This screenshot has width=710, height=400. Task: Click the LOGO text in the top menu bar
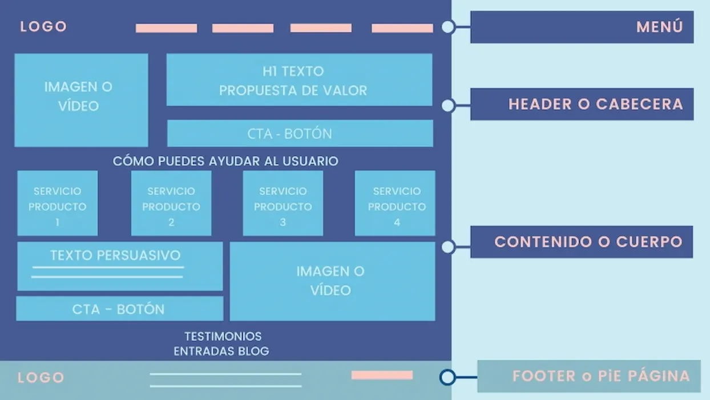43,27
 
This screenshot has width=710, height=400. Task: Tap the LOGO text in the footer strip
41,378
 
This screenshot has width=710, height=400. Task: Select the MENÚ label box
582,27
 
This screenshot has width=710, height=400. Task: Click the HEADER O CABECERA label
582,104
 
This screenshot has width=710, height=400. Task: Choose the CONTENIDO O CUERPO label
582,242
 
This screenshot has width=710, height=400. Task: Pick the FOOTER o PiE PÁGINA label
589,376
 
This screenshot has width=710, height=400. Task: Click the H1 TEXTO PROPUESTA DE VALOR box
300,79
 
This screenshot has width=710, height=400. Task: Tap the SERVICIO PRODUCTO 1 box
58,203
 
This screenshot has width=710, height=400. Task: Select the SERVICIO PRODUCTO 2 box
171,203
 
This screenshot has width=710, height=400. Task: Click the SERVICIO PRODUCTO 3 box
283,203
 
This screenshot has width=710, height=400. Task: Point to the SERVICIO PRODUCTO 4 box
395,203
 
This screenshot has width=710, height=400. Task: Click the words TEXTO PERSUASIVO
115,255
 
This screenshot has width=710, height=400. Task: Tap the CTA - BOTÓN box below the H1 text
300,133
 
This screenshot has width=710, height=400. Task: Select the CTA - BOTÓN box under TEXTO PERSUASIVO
120,309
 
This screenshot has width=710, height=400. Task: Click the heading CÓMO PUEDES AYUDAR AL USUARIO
225,161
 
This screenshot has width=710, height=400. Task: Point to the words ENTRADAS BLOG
221,351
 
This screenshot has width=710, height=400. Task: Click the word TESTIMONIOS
223,336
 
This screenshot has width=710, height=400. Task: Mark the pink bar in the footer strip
382,375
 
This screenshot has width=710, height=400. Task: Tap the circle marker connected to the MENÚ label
448,27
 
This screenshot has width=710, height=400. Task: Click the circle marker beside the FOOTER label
447,377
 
